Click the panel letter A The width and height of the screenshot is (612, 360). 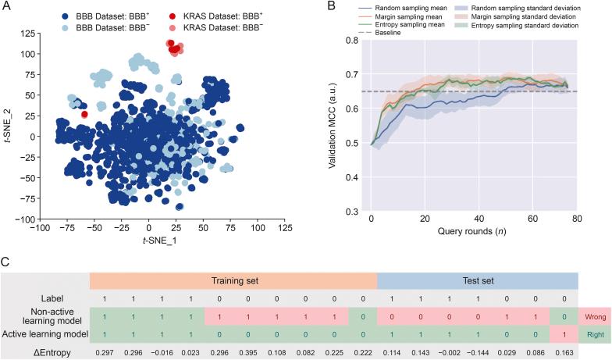pyautogui.click(x=6, y=6)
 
